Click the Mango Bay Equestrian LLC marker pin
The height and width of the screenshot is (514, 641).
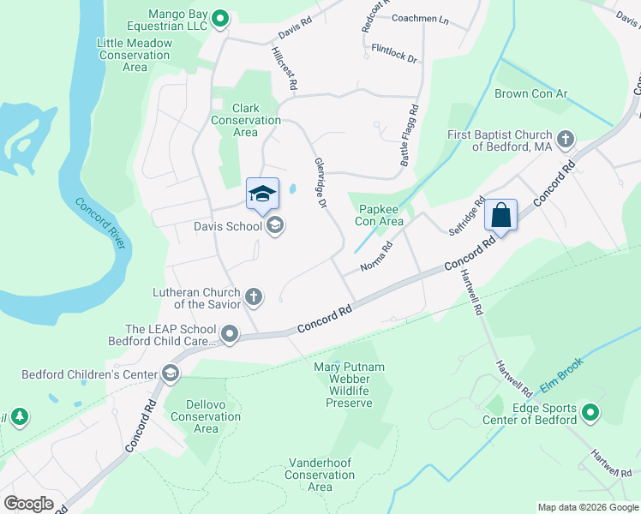(220, 17)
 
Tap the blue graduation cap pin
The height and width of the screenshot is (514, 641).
(263, 194)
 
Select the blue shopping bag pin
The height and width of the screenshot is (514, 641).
(501, 215)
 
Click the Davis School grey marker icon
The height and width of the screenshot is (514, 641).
(275, 226)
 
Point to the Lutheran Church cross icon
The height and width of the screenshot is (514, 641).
(254, 297)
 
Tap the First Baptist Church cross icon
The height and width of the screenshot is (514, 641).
(565, 139)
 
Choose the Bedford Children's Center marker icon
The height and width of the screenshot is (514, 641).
(170, 374)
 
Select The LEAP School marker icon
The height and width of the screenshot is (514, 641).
(230, 334)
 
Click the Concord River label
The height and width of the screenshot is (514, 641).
(102, 224)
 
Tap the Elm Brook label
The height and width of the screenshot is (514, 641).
(561, 374)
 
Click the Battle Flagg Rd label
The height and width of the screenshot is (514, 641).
(409, 135)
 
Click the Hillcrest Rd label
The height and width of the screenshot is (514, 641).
(284, 69)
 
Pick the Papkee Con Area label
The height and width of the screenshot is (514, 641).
(379, 213)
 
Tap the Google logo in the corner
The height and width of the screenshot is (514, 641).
(28, 503)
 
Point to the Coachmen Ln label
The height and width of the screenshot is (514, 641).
(420, 18)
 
